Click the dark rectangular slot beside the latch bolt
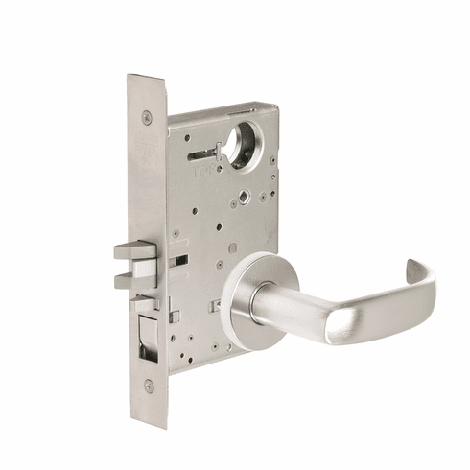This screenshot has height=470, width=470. point(177,261)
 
